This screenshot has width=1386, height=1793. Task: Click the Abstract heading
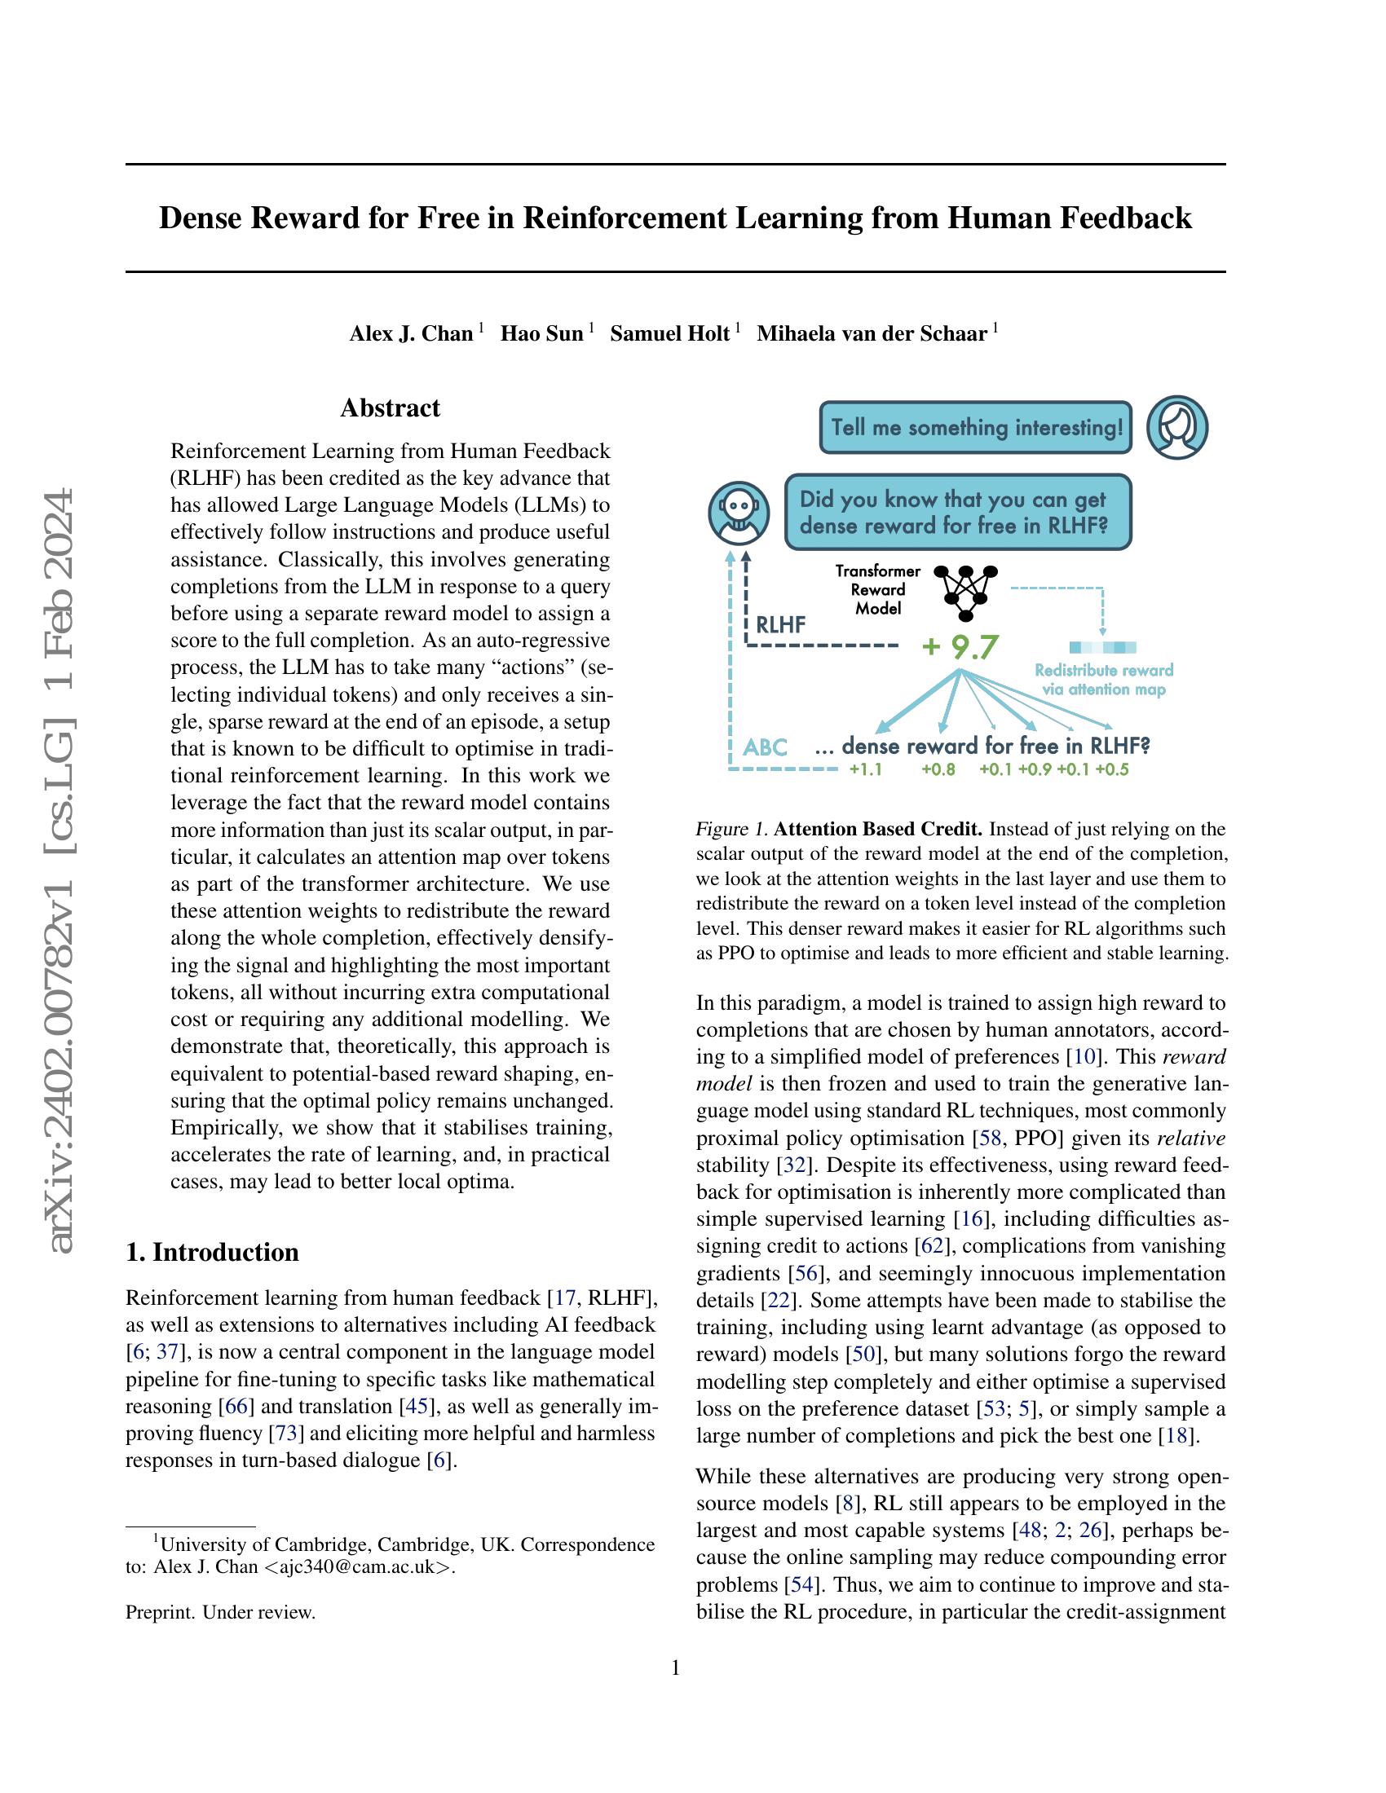(x=390, y=408)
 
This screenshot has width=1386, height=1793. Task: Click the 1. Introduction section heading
(x=212, y=1252)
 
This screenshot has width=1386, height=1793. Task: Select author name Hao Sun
(x=542, y=333)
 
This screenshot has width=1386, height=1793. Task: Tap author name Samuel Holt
(x=669, y=333)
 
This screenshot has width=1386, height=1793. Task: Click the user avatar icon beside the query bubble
(x=1176, y=427)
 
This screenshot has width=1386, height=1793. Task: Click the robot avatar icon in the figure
(x=738, y=513)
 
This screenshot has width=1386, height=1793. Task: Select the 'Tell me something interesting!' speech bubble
(x=975, y=428)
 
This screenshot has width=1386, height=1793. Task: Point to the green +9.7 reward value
(x=959, y=647)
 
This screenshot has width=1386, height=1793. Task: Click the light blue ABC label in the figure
(x=765, y=747)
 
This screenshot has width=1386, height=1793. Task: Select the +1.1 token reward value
(x=864, y=770)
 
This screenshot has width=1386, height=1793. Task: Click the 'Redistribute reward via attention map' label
(x=1104, y=680)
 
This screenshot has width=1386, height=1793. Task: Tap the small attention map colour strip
(x=1103, y=647)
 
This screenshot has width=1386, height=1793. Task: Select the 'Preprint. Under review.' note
(x=220, y=1612)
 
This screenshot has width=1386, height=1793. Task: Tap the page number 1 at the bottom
(x=676, y=1668)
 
